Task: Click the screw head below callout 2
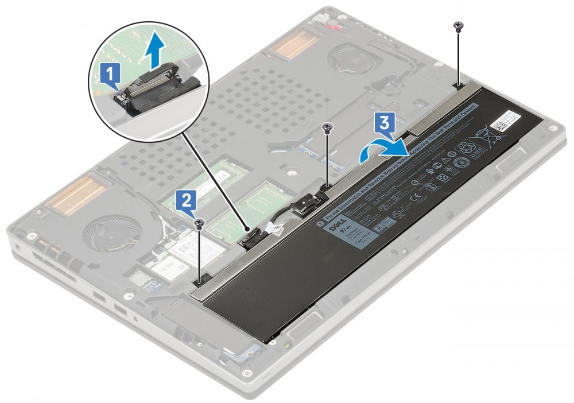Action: [199, 222]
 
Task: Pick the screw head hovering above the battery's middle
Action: [327, 127]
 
